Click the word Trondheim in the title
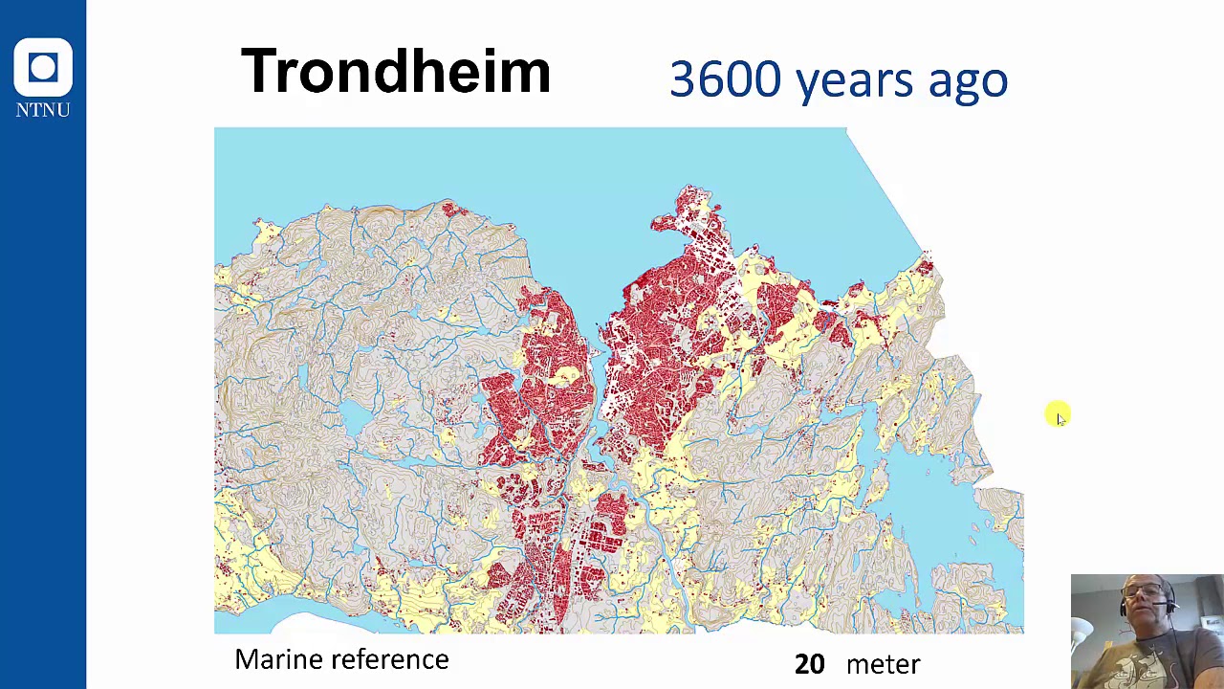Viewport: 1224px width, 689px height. tap(395, 72)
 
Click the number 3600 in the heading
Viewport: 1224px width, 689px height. tap(725, 79)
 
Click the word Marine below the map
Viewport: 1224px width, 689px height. tap(278, 659)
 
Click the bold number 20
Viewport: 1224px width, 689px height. tap(809, 664)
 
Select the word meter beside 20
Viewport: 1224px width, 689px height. tap(883, 664)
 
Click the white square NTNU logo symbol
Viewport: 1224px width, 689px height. tap(43, 67)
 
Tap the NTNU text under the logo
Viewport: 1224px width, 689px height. tap(43, 110)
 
